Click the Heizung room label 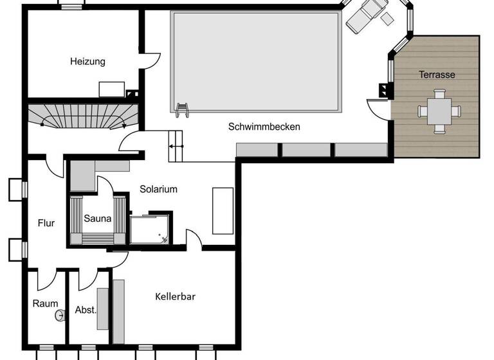(x=87, y=62)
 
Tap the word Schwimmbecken (x=264, y=127)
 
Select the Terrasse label (x=437, y=75)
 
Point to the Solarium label (x=158, y=189)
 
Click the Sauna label (x=97, y=219)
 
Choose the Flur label (x=46, y=223)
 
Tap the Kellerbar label (x=175, y=296)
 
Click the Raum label (x=45, y=303)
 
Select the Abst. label (x=86, y=309)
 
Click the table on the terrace (x=439, y=111)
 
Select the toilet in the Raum (x=61, y=316)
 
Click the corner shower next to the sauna (x=151, y=230)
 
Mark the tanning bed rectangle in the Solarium (x=223, y=210)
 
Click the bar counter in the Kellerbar (x=118, y=311)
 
